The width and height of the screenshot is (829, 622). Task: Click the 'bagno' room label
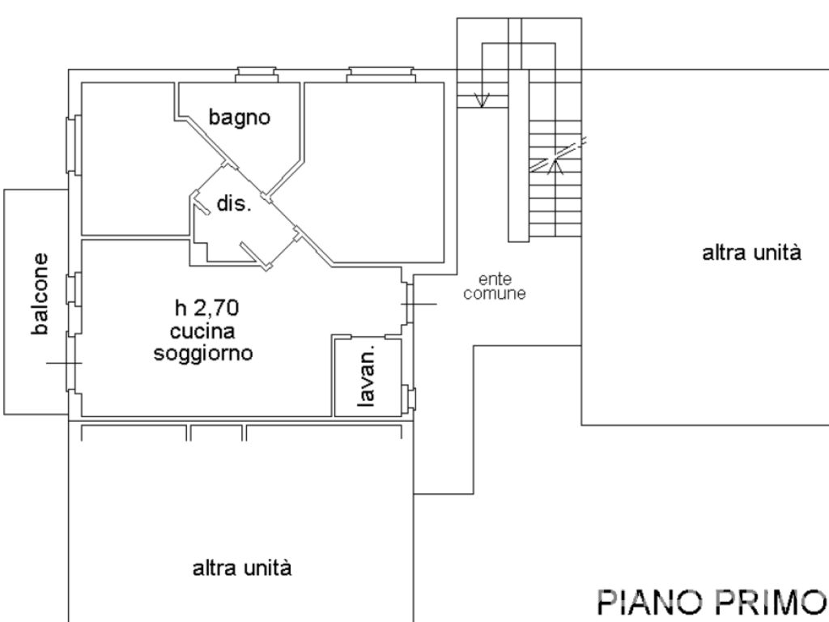[x=239, y=117]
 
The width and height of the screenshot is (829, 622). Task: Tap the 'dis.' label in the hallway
[x=234, y=203]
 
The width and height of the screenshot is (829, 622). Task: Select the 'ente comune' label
[x=495, y=285]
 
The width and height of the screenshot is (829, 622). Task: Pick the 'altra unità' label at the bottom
[x=242, y=568]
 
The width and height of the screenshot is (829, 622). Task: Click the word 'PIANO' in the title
[x=646, y=603]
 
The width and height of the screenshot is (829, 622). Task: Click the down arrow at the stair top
[x=483, y=100]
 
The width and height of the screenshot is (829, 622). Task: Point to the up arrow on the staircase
[x=556, y=165]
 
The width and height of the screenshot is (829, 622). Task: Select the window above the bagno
[x=256, y=76]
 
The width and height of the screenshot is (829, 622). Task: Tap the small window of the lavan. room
[x=410, y=398]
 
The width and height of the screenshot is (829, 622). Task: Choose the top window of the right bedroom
[x=380, y=76]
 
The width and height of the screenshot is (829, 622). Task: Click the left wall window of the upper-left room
[x=73, y=145]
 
